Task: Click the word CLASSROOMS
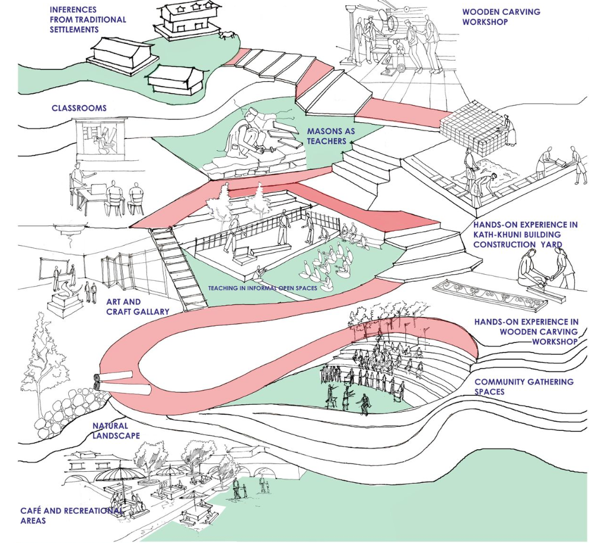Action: (x=79, y=109)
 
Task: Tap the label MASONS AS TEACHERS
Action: (x=326, y=136)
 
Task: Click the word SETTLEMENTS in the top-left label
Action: (x=75, y=29)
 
